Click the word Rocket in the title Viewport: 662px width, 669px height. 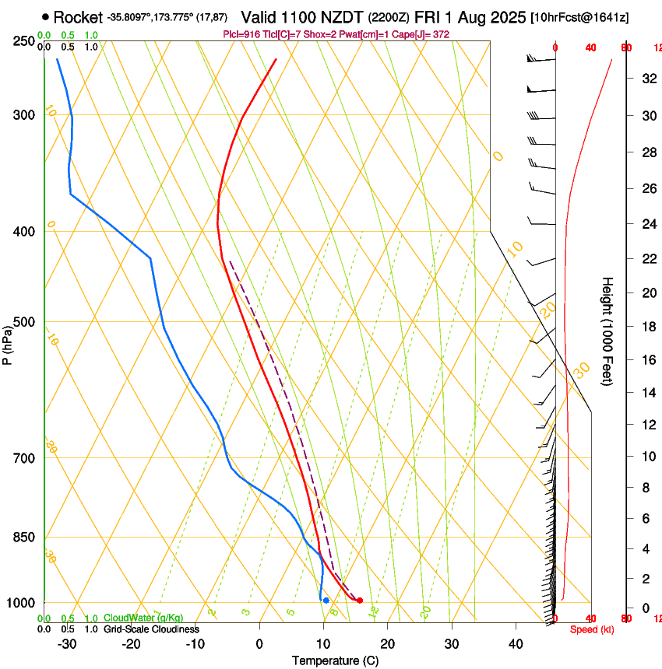pyautogui.click(x=77, y=16)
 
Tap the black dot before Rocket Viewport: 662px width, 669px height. pyautogui.click(x=45, y=16)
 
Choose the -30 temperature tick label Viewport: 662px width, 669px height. pyautogui.click(x=66, y=644)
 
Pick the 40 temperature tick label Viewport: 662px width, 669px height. pyautogui.click(x=515, y=644)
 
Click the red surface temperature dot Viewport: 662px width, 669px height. pyautogui.click(x=359, y=601)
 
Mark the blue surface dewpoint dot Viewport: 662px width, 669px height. pyautogui.click(x=326, y=601)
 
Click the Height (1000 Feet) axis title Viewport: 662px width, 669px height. pyautogui.click(x=607, y=331)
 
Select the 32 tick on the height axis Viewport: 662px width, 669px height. pyautogui.click(x=646, y=78)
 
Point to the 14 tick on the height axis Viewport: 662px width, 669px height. pyautogui.click(x=646, y=393)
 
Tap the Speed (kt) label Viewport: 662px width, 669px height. pyautogui.click(x=592, y=629)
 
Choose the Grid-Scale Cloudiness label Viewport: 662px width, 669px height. pyautogui.click(x=151, y=629)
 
